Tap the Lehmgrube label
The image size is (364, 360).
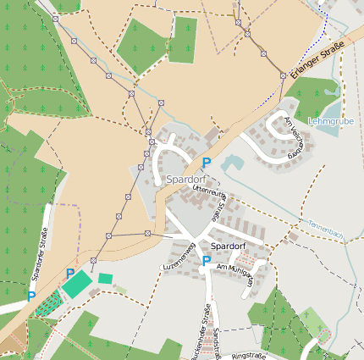(331, 121)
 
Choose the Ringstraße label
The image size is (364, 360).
(249, 357)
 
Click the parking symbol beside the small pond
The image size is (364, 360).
(206, 162)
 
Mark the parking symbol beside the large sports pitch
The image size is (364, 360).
(69, 273)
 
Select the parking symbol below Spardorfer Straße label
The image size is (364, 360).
(31, 296)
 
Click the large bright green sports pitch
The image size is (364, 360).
(77, 285)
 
